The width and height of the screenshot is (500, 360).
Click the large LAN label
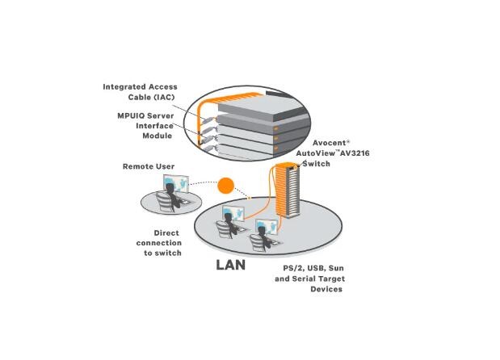coord(230,265)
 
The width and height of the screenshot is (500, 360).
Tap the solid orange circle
coord(225,186)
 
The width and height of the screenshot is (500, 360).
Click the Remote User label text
coord(149,166)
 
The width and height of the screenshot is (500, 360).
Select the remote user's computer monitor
coord(176,183)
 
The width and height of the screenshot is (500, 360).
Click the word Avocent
coord(329,143)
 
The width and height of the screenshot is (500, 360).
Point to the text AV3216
coord(355,153)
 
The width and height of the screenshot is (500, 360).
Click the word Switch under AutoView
coord(316,164)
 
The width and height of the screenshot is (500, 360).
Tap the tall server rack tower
coord(288,190)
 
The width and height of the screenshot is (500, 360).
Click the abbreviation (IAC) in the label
coord(165,97)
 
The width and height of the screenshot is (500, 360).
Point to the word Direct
coord(166,233)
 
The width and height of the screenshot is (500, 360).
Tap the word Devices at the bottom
coord(326,289)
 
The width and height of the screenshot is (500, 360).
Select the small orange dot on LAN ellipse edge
coord(250,198)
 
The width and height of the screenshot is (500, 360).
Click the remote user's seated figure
coord(170,198)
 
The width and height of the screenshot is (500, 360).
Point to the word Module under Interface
coord(158,136)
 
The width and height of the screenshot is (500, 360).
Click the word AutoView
coord(316,153)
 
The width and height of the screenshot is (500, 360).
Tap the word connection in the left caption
coord(159,243)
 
